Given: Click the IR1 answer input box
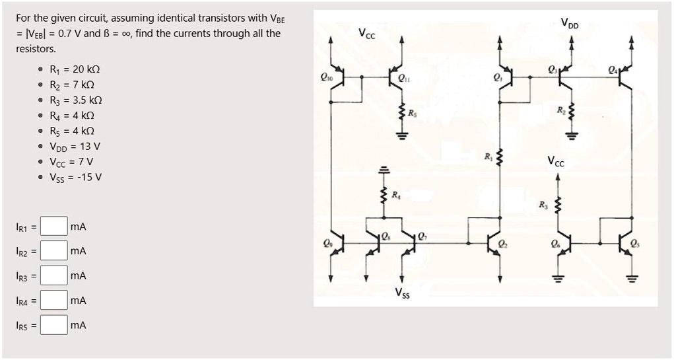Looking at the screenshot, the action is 54,226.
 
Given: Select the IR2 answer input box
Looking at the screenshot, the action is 54,250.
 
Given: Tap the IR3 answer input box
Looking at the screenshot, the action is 54,275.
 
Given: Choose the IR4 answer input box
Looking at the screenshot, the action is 54,300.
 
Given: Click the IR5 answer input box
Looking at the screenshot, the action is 54,325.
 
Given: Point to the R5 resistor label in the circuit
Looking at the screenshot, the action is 412,114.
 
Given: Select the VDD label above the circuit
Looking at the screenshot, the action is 570,23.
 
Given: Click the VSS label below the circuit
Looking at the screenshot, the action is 402,293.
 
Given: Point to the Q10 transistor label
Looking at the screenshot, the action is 326,77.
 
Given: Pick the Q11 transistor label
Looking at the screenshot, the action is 403,78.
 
